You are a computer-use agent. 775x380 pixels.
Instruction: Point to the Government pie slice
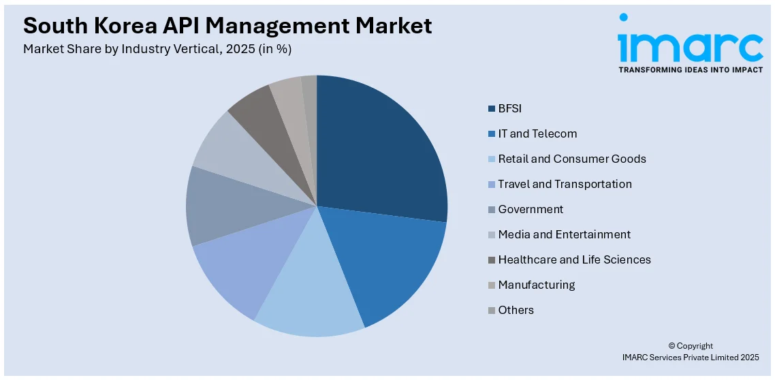pos(218,208)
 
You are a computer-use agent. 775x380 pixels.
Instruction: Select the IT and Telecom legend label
pos(537,133)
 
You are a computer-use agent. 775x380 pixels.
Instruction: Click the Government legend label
pos(531,209)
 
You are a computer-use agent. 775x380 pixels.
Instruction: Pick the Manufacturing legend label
pos(536,285)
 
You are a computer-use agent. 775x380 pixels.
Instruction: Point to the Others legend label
pos(516,310)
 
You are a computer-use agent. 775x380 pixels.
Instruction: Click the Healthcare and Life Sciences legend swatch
pos(492,260)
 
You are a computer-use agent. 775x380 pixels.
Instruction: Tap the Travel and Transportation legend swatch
pos(492,185)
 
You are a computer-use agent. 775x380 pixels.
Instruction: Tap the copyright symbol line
pos(690,346)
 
